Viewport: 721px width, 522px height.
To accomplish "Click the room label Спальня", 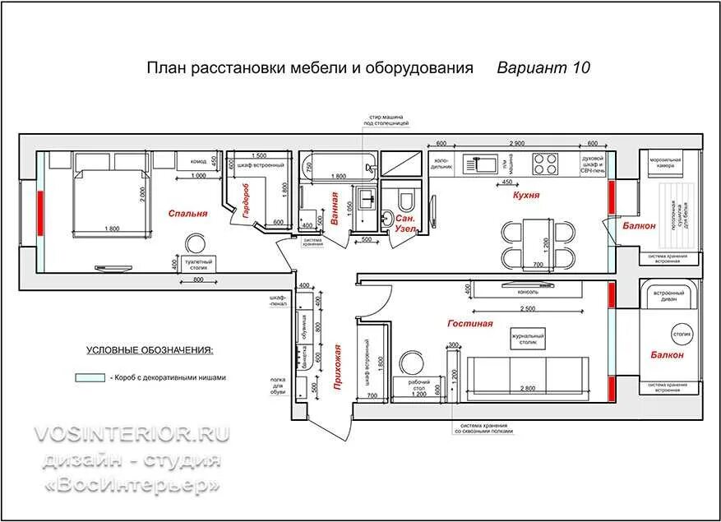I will click(187, 213).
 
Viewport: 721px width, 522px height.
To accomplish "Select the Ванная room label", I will click(335, 207).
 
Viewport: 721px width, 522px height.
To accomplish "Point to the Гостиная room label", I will click(470, 323).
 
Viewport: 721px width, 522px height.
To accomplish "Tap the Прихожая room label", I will click(339, 367).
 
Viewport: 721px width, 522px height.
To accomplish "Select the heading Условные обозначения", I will click(150, 350).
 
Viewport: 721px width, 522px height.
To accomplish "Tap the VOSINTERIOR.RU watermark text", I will click(132, 434).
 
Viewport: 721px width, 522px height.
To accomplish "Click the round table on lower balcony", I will click(682, 335).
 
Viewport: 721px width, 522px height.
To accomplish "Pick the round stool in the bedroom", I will click(196, 244).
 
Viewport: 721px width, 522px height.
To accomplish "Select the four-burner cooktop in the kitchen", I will click(544, 164).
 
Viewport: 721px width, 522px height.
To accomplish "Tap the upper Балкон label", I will click(639, 225).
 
